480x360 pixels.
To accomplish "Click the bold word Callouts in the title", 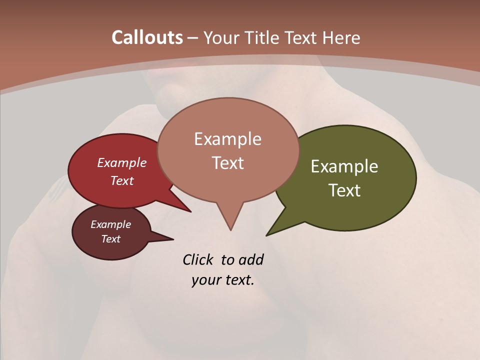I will click(x=147, y=37).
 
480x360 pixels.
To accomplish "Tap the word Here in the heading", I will click(x=341, y=37).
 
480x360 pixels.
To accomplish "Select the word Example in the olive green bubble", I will click(x=344, y=166).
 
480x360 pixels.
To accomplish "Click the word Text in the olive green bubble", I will click(x=344, y=190).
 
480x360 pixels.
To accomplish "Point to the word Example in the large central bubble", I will click(x=227, y=138).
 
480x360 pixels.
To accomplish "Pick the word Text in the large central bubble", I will click(x=227, y=163).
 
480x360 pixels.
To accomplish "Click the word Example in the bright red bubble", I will click(x=122, y=162).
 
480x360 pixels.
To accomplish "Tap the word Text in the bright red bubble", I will click(x=122, y=180).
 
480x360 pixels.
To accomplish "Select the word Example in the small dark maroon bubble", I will click(x=111, y=224).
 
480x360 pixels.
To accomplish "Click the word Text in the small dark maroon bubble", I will click(x=111, y=239).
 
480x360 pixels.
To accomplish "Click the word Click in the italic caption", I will click(x=199, y=259).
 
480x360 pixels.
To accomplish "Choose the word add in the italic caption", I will click(x=251, y=259).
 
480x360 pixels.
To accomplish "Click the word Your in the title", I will click(x=220, y=37).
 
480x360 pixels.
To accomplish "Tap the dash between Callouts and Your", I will click(x=193, y=38).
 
